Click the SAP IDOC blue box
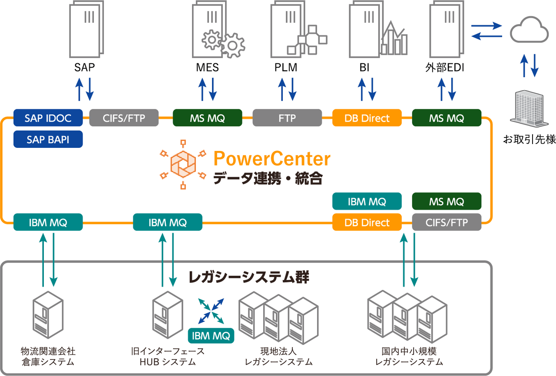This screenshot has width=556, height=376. tap(48, 118)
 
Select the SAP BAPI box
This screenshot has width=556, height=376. tap(48, 139)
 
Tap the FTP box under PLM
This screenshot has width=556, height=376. tap(287, 118)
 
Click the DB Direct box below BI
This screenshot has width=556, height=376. tap(367, 118)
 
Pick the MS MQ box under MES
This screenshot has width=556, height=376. tap(207, 118)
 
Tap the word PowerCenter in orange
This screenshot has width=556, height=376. tap(272, 159)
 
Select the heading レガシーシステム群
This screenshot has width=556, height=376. tap(249, 277)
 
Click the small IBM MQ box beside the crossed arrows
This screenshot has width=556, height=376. tap(211, 335)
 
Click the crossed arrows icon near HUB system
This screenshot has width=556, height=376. tap(211, 311)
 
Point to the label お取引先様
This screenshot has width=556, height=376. tap(529, 140)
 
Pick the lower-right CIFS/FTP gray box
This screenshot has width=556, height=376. tap(447, 222)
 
